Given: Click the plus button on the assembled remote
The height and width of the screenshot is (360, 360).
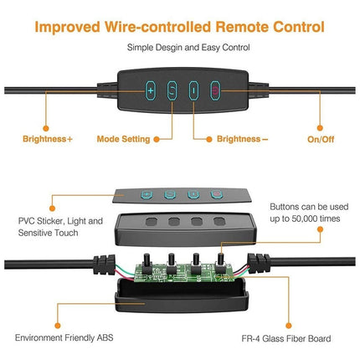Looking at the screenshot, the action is [151, 90].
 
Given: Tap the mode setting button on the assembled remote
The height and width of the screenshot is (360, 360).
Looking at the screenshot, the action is [172, 90].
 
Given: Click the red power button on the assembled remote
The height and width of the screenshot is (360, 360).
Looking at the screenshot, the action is [215, 90].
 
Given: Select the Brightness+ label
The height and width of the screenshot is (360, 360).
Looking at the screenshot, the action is [48, 139].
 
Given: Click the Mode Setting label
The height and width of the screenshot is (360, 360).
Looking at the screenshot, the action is [123, 139].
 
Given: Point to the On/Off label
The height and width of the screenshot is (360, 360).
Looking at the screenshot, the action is [321, 139].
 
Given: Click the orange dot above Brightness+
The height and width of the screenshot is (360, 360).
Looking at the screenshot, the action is [46, 128].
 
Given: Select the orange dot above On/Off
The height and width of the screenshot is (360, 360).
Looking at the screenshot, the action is [320, 128].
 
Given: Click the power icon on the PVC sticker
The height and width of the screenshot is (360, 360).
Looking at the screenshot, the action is [217, 194].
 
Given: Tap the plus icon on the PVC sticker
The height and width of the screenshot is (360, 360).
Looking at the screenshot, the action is [147, 194].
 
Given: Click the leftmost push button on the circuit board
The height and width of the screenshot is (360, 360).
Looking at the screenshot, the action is [147, 263].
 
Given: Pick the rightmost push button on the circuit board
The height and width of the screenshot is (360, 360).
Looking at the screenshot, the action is [220, 263].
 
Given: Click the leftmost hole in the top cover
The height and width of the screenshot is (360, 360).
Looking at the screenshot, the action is [152, 222].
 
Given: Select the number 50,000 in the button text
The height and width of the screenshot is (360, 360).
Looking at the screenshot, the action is [304, 219].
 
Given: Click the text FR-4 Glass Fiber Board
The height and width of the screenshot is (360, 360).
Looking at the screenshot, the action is [286, 339].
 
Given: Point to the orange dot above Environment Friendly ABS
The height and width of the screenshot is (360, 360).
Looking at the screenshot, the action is [58, 326].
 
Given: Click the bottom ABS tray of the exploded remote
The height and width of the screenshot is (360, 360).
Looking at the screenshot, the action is [182, 296].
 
